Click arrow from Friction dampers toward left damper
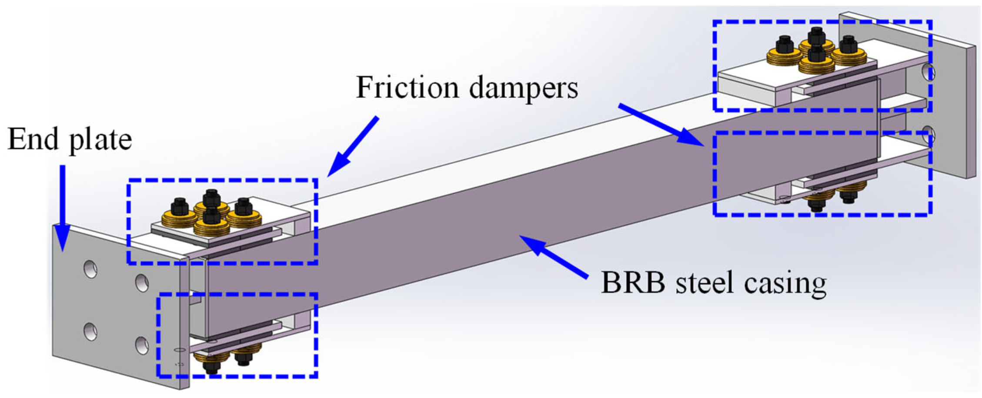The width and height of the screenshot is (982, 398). (353, 146)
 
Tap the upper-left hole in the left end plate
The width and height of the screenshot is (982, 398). (90, 270)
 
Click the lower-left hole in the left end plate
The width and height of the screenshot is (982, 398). (90, 331)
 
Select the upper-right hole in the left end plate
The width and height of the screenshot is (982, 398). (142, 283)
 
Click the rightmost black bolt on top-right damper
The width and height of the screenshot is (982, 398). (848, 45)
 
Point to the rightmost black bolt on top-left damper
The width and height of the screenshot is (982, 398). (243, 206)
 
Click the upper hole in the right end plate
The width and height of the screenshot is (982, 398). (928, 72)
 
